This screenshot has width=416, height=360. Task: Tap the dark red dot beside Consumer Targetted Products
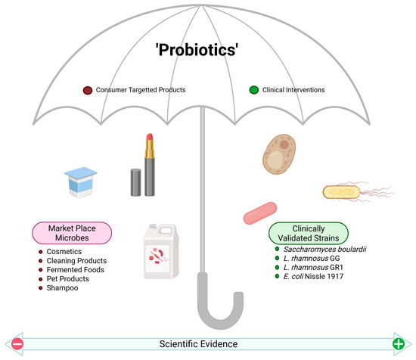88,91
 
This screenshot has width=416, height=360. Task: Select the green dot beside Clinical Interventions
254,91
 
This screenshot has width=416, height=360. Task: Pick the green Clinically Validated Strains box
309,231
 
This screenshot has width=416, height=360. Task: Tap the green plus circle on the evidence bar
398,344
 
